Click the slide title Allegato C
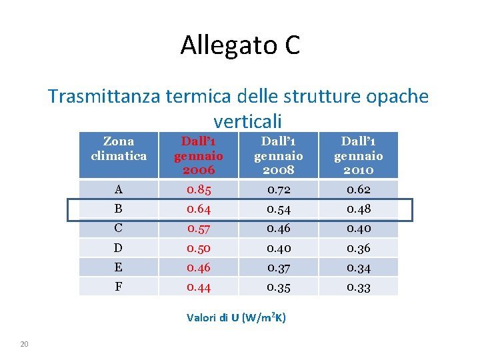(240, 45)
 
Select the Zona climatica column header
(119, 149)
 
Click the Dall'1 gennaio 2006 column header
(199, 155)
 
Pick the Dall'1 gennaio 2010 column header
(358, 155)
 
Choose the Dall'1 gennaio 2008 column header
(278, 155)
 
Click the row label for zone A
(118, 190)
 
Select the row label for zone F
(118, 287)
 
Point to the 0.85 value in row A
(199, 190)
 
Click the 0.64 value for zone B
(199, 209)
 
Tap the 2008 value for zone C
(278, 229)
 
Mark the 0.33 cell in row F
(358, 287)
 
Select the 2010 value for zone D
(358, 248)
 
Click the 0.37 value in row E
(278, 268)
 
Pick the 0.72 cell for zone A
(278, 190)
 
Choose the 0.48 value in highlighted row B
(358, 209)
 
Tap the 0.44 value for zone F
(199, 287)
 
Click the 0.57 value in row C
(199, 229)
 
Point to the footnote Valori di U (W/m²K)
(237, 317)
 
